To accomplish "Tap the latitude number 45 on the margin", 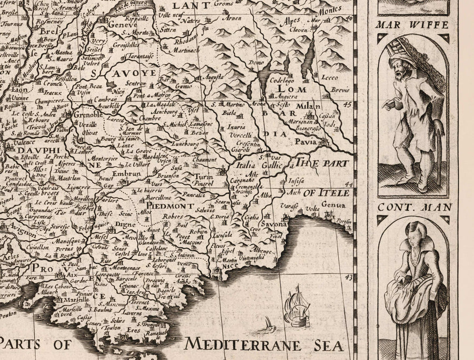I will (346, 104).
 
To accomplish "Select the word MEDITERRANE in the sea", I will (242, 346).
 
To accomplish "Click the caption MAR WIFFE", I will (413, 25).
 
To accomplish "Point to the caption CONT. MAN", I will (412, 207).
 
